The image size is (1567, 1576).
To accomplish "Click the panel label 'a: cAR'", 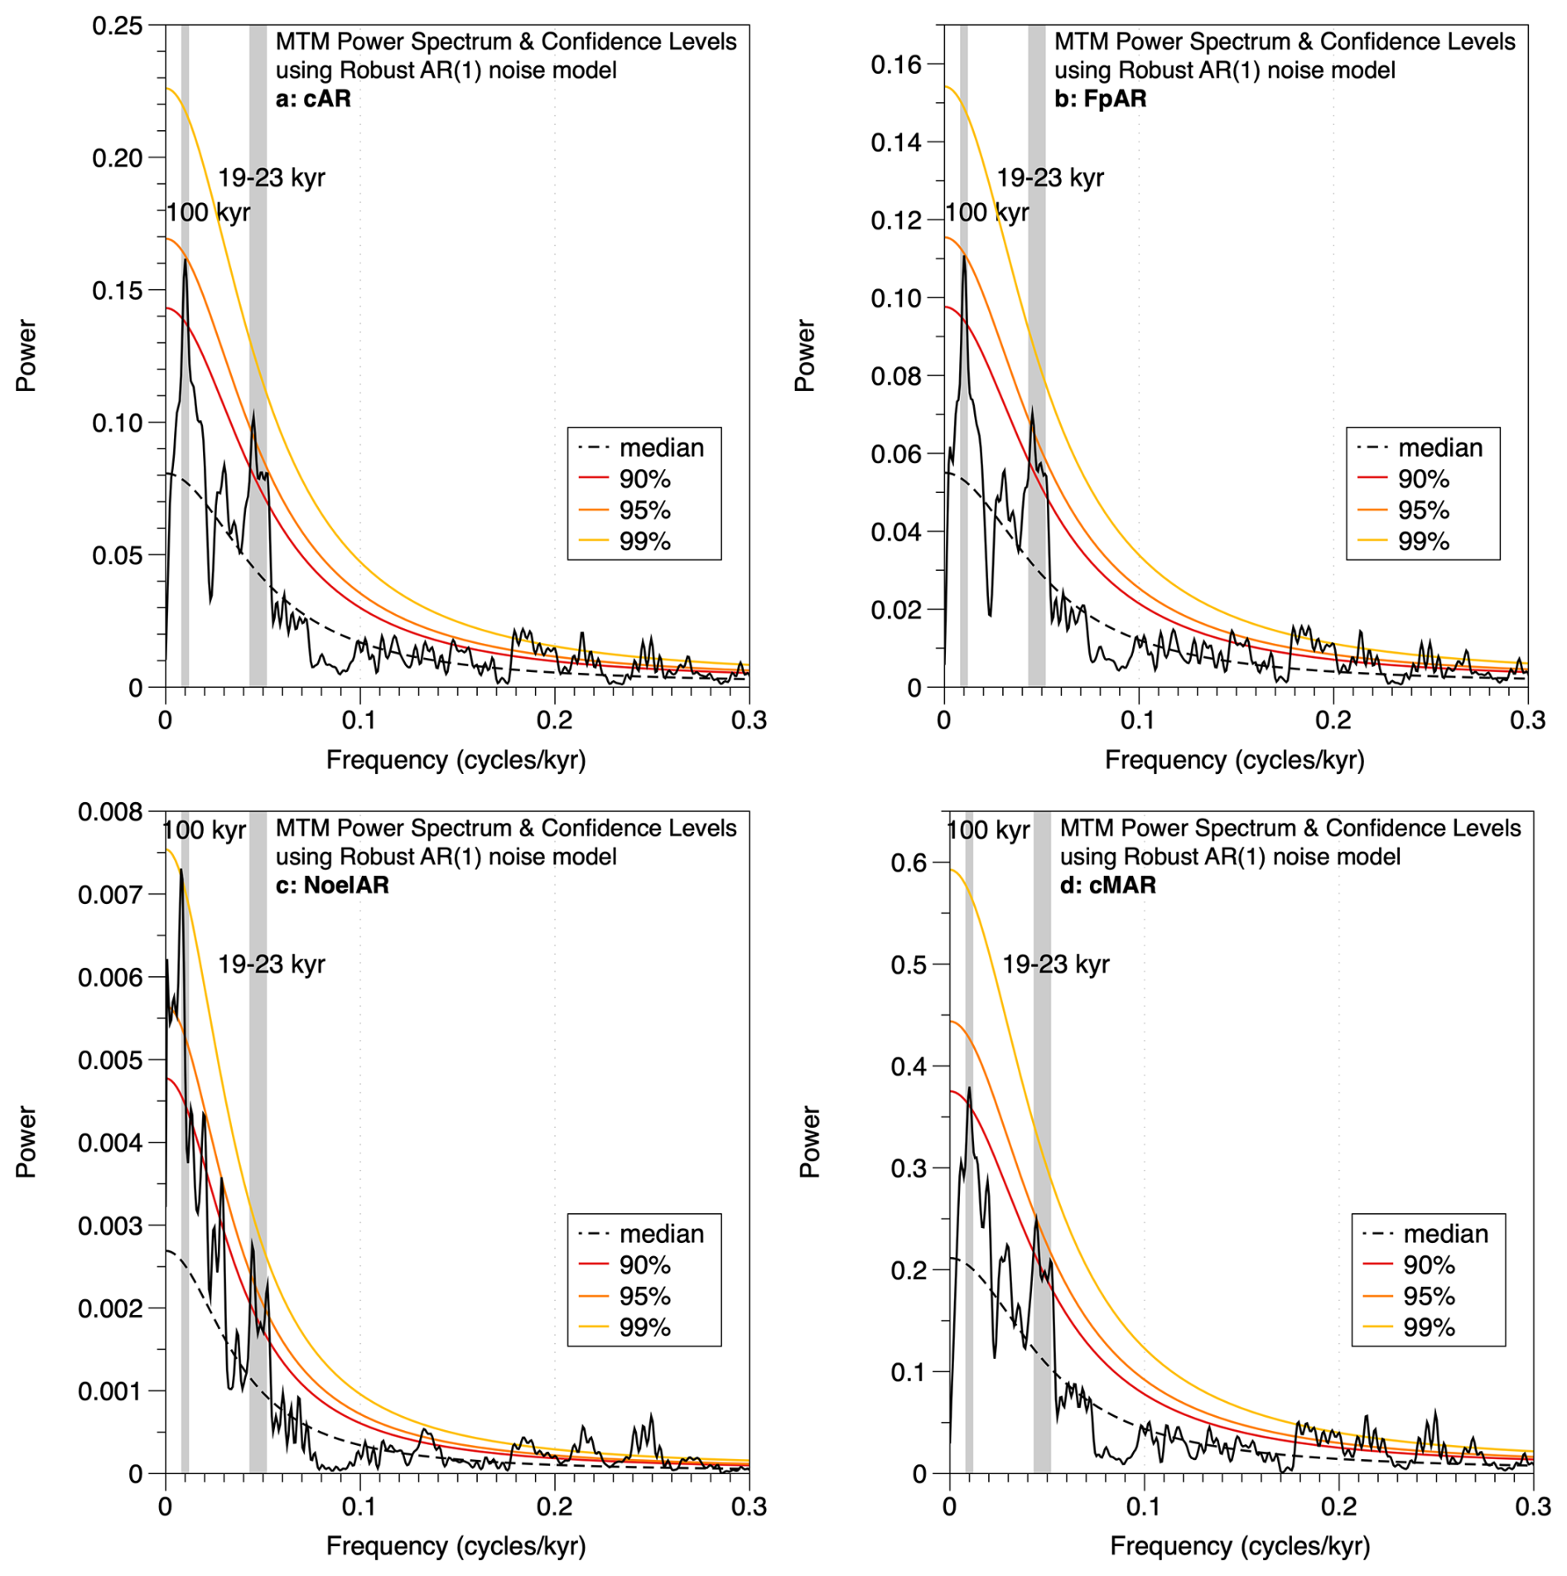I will [x=313, y=99].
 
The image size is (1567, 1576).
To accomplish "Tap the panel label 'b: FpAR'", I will [x=1100, y=99].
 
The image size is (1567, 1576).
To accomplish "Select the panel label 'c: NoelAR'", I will [x=332, y=885].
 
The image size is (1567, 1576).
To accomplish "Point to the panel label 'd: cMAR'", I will [x=1107, y=885].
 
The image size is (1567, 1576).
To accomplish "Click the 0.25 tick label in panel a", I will [x=117, y=27].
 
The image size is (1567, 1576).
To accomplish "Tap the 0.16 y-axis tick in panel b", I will [x=896, y=65].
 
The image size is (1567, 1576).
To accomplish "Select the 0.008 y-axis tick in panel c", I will [x=110, y=812].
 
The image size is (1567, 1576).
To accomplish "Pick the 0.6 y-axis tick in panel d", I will [x=909, y=863].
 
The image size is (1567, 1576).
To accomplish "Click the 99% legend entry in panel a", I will [x=644, y=541].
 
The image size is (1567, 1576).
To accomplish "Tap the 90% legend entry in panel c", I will [x=644, y=1265].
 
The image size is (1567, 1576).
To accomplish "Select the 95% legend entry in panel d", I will [x=1429, y=1296].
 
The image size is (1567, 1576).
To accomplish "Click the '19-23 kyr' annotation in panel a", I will [x=272, y=178].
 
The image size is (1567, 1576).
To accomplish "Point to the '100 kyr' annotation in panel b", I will [x=987, y=213].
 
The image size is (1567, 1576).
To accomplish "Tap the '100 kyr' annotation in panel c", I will [x=205, y=830].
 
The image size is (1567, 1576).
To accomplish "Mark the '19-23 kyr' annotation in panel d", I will [x=1056, y=964].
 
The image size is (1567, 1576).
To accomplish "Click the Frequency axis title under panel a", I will [x=456, y=760].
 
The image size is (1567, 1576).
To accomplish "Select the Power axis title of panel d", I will [x=809, y=1141].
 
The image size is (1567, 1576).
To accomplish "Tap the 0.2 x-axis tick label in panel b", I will [x=1333, y=720].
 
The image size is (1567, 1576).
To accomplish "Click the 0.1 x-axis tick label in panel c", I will [x=359, y=1506].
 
